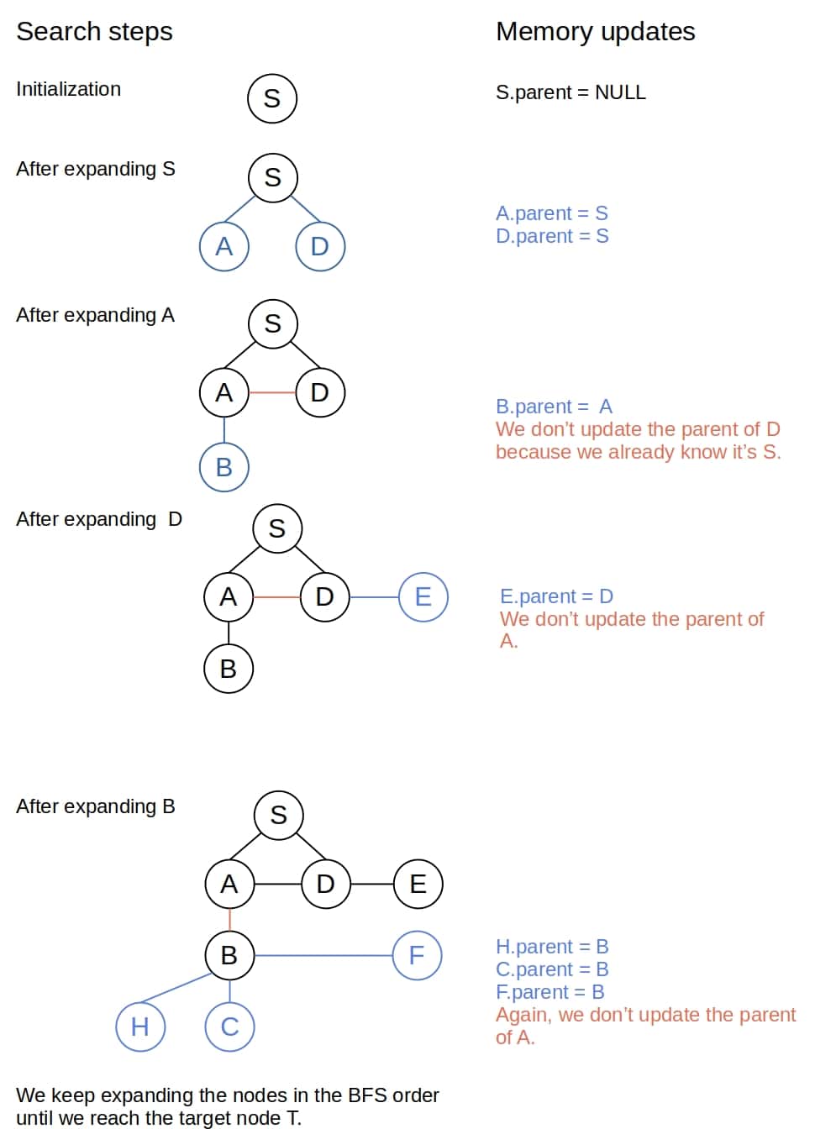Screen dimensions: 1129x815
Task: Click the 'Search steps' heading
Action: tap(94, 32)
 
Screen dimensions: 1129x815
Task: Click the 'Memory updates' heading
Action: tap(595, 32)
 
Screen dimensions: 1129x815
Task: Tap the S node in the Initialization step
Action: tap(272, 98)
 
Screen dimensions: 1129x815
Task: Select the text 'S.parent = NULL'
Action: tap(570, 92)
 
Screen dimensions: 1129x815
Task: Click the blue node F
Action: tap(417, 955)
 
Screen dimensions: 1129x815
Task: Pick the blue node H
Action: tap(140, 1027)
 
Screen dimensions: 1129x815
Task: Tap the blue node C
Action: tap(229, 1027)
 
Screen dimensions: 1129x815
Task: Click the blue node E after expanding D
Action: tap(423, 596)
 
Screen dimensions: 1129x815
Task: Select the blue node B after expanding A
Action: tap(224, 466)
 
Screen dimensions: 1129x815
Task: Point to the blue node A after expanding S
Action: tap(224, 246)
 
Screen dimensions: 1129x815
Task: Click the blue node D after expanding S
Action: tap(320, 246)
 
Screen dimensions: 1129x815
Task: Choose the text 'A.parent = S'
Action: tap(551, 213)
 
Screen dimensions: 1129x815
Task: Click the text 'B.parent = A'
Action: tap(554, 407)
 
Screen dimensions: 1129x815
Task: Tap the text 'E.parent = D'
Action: tap(556, 596)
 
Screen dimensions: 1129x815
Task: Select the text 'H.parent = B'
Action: tap(552, 947)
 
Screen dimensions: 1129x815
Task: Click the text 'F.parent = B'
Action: tap(549, 992)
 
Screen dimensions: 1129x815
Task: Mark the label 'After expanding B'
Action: tap(95, 806)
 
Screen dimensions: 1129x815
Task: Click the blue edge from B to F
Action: tap(323, 955)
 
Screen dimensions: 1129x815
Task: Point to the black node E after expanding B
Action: tap(418, 884)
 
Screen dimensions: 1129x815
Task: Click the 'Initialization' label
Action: tap(68, 89)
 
